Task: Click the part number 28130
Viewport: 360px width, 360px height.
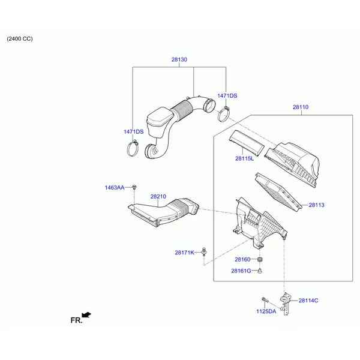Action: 179,59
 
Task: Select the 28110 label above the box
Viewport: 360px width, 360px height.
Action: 301,107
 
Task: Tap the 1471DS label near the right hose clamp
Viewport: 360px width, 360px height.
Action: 227,96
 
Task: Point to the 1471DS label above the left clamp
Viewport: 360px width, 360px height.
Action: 133,131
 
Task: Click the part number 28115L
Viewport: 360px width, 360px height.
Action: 245,158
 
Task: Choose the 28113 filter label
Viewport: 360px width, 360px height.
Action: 316,205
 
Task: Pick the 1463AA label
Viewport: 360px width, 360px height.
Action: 115,188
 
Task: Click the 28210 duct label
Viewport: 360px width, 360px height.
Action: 158,197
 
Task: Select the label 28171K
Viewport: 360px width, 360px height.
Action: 185,253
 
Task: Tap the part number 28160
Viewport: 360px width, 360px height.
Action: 242,259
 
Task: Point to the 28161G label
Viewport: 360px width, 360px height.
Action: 241,271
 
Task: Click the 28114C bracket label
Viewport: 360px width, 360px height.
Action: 308,301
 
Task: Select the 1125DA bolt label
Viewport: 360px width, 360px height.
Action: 266,311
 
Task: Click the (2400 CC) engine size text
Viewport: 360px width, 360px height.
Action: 20,38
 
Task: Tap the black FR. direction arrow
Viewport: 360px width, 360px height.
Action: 86,315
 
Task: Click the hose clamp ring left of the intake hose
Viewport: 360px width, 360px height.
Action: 133,148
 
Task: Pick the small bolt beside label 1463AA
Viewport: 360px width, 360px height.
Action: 134,187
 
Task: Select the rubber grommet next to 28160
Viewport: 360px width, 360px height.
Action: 260,260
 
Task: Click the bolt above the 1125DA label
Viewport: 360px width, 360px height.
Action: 265,300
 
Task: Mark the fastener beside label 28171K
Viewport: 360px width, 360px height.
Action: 204,252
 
